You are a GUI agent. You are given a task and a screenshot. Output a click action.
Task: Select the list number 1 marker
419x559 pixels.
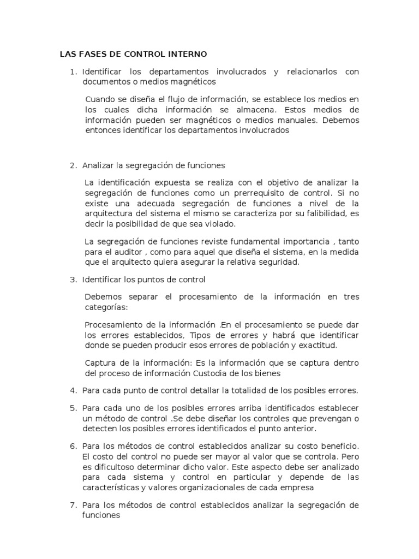[74, 72]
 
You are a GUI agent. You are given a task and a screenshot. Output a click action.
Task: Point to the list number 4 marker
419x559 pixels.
[74, 390]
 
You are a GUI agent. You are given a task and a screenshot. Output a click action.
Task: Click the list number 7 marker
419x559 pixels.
[74, 506]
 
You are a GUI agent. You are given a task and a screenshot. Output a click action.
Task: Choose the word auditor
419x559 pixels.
[127, 252]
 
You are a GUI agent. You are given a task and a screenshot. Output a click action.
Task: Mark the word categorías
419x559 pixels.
[105, 307]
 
